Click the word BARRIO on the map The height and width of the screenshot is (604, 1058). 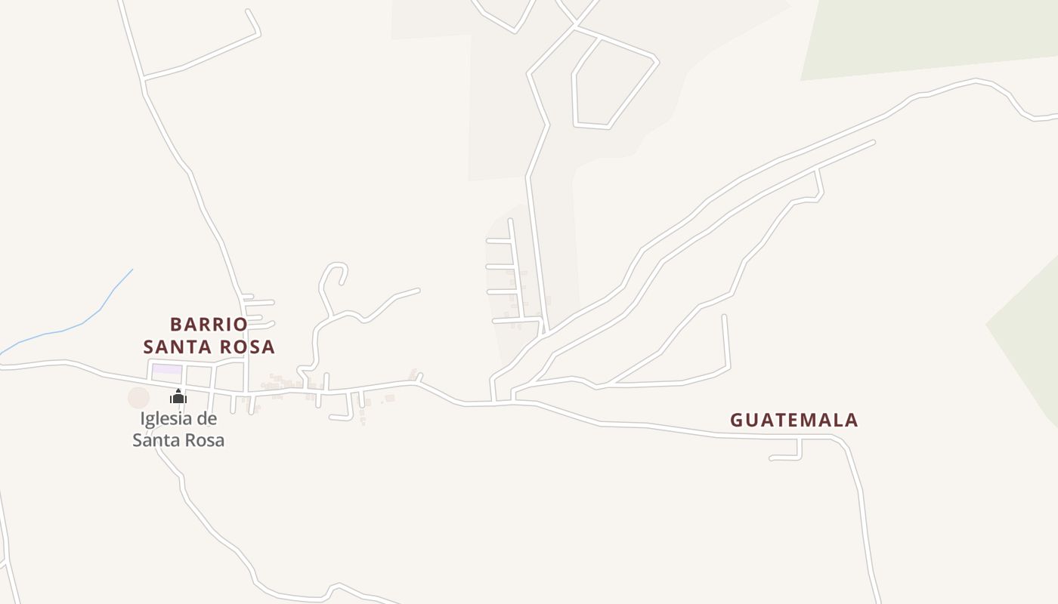(209, 325)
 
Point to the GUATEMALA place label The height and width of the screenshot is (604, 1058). (793, 420)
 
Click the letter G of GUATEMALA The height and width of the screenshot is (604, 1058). (738, 420)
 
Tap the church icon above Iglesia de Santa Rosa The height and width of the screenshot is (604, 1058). (178, 396)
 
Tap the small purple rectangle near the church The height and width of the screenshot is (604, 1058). (168, 369)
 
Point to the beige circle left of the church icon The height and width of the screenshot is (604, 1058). (138, 397)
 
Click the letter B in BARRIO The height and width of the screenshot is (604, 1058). (177, 325)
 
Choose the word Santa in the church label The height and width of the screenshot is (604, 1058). (157, 439)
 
